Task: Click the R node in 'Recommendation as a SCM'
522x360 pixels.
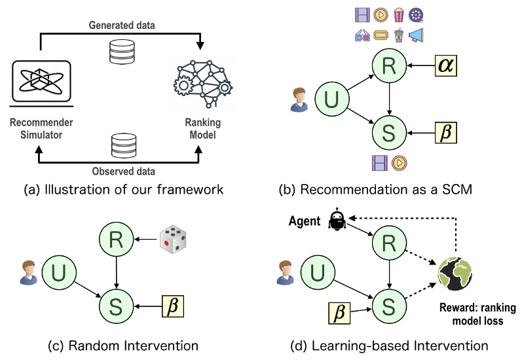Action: pos(389,66)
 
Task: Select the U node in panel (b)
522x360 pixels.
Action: pos(331,101)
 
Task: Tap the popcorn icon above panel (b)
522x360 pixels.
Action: pos(398,14)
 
